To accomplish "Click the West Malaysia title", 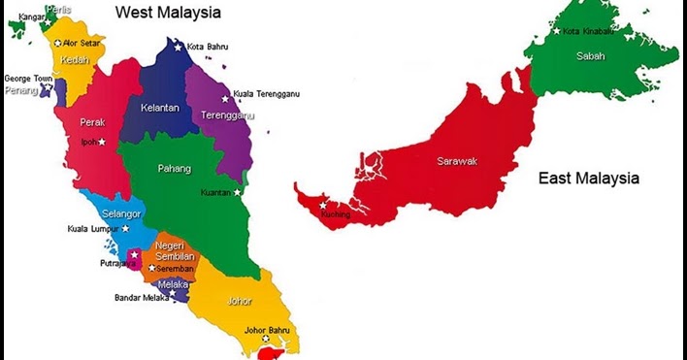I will pyautogui.click(x=168, y=13).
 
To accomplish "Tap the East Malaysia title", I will pyautogui.click(x=589, y=179).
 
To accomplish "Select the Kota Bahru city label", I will pyautogui.click(x=209, y=46).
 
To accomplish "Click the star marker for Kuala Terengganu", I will pyautogui.click(x=225, y=95).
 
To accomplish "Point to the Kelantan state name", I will pyautogui.click(x=159, y=108).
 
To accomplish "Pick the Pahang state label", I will pyautogui.click(x=175, y=168).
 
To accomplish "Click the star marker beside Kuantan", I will pyautogui.click(x=238, y=192).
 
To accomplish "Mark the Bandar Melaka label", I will pyautogui.click(x=142, y=298).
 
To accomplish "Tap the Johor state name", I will pyautogui.click(x=239, y=301).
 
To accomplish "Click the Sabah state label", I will pyautogui.click(x=590, y=56).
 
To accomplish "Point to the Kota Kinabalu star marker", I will pyautogui.click(x=557, y=31).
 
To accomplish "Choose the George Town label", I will pyautogui.click(x=27, y=79).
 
